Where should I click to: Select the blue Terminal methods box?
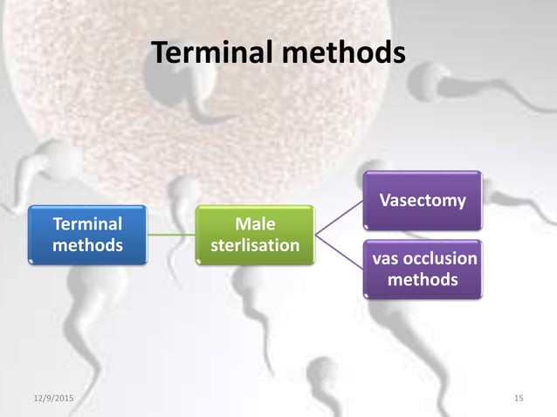[x=87, y=235]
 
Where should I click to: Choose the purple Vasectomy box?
[x=423, y=202]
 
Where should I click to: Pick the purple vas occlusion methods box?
[x=423, y=270]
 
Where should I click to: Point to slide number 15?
[x=519, y=399]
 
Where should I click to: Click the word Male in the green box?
[x=255, y=225]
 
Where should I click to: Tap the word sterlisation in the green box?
[x=255, y=245]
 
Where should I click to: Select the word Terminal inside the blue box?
[x=87, y=225]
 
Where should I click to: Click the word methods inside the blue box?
[x=87, y=245]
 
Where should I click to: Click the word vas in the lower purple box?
[x=385, y=259]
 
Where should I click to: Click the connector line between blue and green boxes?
[x=171, y=235]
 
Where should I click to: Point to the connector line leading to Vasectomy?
[x=339, y=217]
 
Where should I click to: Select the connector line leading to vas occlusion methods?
[x=339, y=252]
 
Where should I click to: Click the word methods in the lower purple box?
[x=423, y=280]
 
